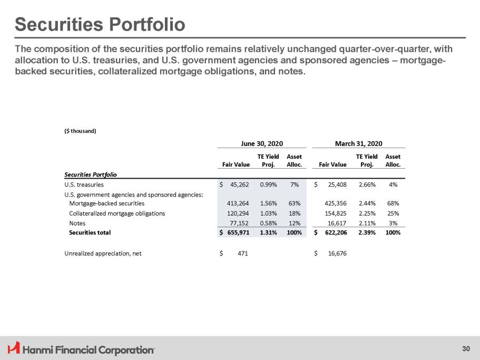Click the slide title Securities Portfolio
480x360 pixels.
click(x=100, y=24)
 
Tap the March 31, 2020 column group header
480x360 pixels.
click(x=359, y=143)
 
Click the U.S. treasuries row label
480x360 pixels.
click(x=84, y=185)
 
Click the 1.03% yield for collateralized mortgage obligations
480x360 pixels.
click(x=268, y=213)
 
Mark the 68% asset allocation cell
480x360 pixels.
click(x=393, y=203)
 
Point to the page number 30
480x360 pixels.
click(x=465, y=348)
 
